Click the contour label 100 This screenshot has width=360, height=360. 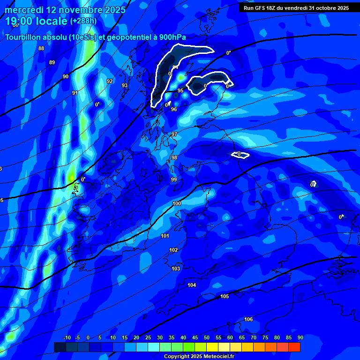point(177,203)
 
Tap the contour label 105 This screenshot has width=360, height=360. point(225,296)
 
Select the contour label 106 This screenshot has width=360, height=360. point(248,319)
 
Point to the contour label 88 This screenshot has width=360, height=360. point(41,48)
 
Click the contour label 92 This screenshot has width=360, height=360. point(110,81)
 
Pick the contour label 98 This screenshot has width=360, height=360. point(174,157)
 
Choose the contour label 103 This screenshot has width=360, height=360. point(176,269)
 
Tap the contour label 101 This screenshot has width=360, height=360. point(165,236)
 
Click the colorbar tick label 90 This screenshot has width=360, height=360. point(300,337)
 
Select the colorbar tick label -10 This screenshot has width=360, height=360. point(67,337)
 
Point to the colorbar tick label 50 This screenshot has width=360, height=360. point(206,337)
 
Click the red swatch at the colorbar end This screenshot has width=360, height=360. point(294,347)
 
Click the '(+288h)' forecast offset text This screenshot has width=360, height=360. point(83,21)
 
